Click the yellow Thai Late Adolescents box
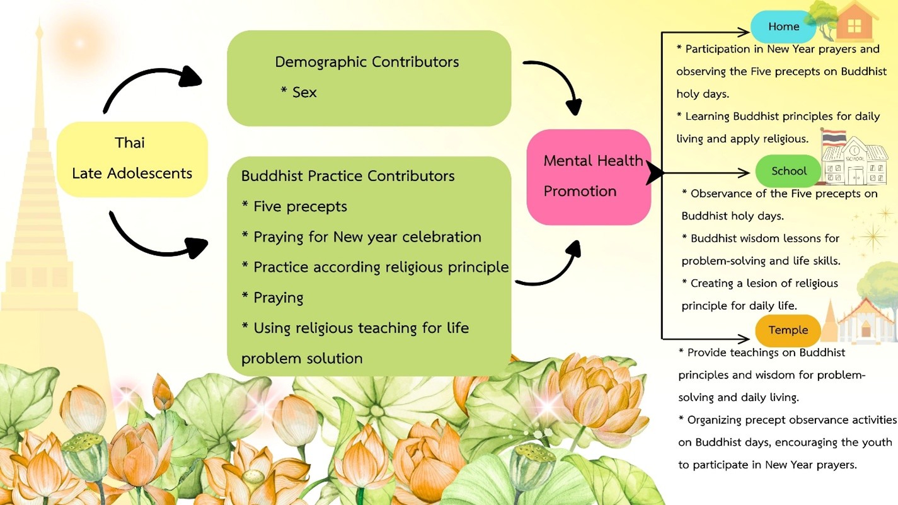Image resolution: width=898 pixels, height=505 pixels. (132, 158)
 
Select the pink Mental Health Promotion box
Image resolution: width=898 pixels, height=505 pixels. (589, 177)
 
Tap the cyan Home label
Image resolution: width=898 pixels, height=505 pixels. (783, 27)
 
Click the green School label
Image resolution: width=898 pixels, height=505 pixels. (788, 171)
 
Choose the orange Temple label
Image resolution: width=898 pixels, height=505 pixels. (788, 330)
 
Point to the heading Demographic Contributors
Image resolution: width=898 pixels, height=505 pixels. (367, 62)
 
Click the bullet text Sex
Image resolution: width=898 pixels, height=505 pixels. (304, 92)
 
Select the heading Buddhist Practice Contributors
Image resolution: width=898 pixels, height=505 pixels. (348, 176)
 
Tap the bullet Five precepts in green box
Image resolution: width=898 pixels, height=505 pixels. (300, 206)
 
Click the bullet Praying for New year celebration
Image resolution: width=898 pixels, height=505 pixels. (367, 237)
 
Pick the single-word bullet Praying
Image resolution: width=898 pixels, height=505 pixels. (278, 298)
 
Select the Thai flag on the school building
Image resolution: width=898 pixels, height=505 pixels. (834, 137)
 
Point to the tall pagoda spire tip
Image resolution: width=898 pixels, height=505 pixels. (40, 28)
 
